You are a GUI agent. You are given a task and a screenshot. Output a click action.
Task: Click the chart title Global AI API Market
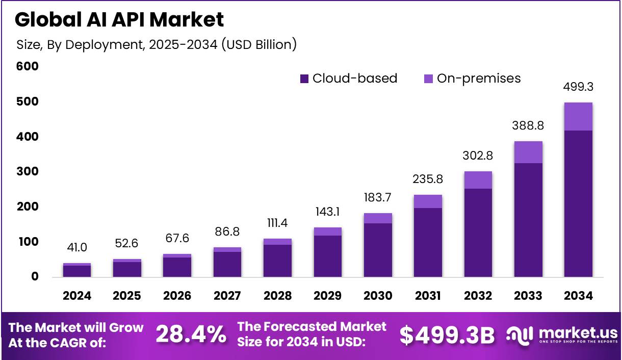tap(119, 19)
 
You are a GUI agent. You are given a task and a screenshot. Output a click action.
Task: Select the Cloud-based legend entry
tap(349, 79)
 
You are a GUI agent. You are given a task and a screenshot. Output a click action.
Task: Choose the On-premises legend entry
tap(472, 79)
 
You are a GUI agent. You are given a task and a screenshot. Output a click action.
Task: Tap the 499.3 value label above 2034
tap(578, 87)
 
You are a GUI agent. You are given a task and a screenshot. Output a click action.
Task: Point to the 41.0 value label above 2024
tap(77, 248)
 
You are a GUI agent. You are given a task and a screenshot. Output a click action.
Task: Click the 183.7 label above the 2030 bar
tap(378, 198)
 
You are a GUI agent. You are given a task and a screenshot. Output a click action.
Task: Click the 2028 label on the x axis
tap(278, 296)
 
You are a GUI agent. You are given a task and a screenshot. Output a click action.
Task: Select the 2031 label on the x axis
tap(428, 296)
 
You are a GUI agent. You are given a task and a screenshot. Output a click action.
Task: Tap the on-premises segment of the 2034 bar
tap(578, 116)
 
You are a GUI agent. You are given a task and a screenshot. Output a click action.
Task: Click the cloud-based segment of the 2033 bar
tap(528, 220)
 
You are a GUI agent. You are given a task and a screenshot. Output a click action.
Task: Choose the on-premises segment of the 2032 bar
tap(478, 180)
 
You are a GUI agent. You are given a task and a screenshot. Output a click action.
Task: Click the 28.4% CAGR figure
tap(191, 335)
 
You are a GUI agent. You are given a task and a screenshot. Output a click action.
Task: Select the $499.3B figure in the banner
tap(447, 335)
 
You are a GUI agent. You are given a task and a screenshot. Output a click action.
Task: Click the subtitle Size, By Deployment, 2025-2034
tap(156, 44)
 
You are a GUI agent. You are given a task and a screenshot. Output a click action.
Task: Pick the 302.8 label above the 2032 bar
tap(478, 156)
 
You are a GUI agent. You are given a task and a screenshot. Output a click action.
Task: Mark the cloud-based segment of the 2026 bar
tap(177, 267)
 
